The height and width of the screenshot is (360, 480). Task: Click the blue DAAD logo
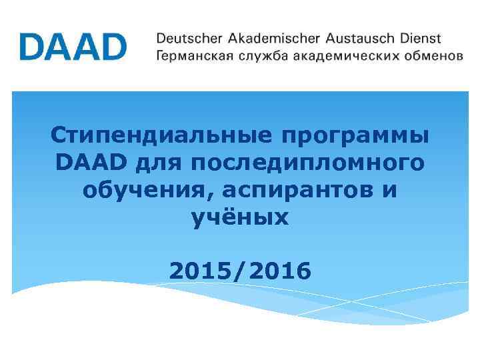point(73,46)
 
